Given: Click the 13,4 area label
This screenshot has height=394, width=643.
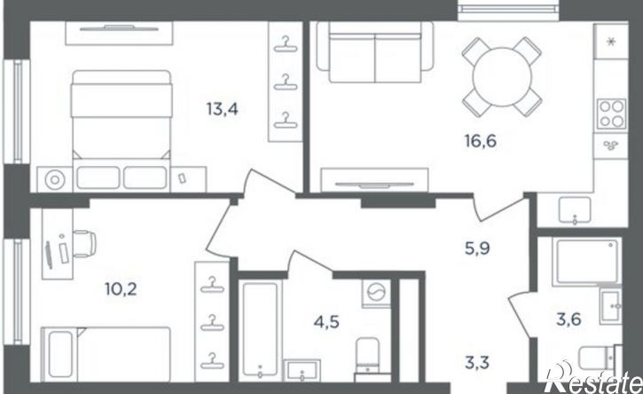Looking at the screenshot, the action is tap(222, 109).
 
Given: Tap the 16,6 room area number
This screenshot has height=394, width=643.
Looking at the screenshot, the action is tap(480, 141).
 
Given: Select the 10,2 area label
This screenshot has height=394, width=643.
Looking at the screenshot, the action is tap(121, 289).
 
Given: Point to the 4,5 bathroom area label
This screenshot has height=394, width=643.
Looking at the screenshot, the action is tap(326, 322).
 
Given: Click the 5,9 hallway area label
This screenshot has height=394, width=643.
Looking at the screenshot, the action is tap(477, 248).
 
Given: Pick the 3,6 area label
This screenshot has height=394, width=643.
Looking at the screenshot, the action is tap(569, 319).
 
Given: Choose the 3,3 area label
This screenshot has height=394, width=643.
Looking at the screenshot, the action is tap(477, 363).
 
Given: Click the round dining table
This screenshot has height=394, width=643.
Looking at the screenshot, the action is tap(502, 77).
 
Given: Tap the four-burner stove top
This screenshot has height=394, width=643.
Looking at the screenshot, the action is tap(611, 114).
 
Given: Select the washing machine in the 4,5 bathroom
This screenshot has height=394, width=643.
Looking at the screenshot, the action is tap(376, 293).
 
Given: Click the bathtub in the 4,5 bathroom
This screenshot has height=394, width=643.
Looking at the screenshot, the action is tap(260, 328).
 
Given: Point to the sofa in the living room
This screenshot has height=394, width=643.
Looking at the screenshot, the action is tap(375, 52).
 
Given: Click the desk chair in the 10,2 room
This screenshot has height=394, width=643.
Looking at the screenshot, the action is tap(84, 244).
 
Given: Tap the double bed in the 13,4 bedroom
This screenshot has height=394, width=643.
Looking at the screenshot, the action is tap(122, 130).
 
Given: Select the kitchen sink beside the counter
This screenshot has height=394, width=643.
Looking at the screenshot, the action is tap(575, 211).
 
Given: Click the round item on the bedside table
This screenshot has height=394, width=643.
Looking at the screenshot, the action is tap(55, 180).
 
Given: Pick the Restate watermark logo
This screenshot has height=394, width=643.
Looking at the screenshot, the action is tap(593, 378).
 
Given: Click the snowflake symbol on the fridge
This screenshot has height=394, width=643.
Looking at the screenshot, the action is tap(611, 42).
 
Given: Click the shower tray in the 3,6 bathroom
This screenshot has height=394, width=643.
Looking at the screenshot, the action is tap(586, 262).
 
